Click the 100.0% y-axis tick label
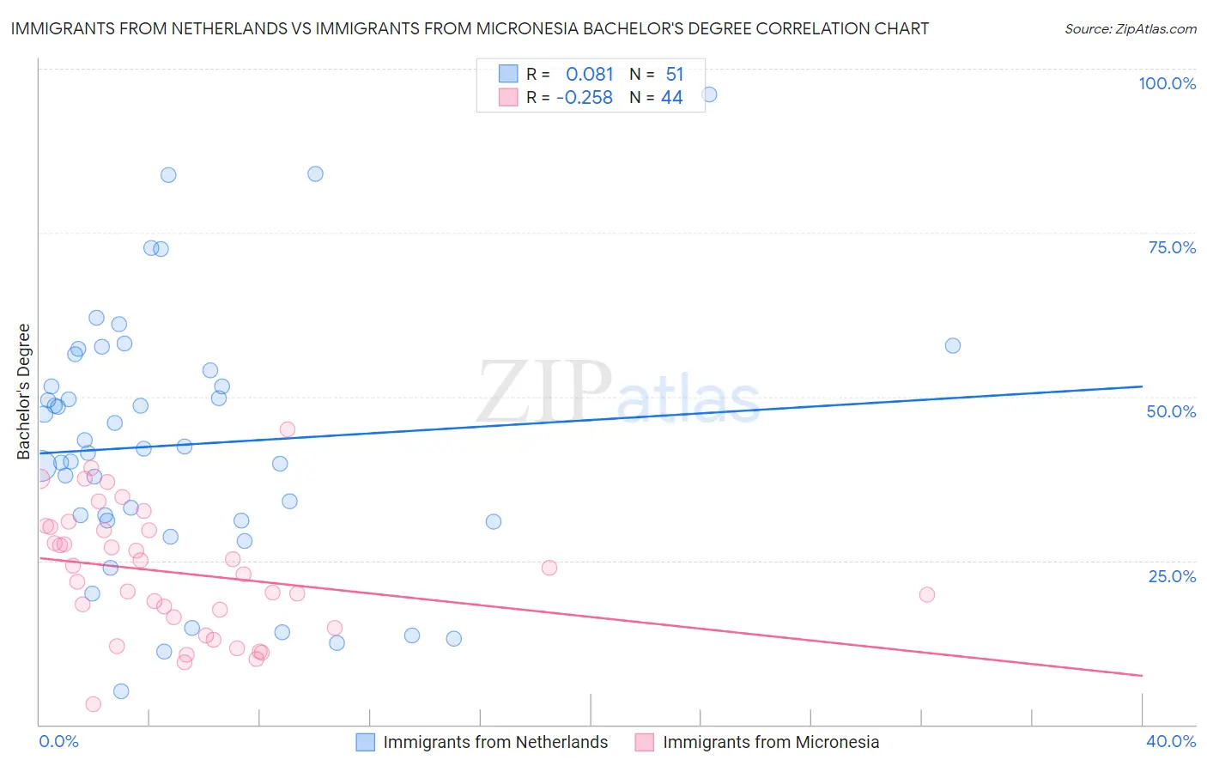(x=1167, y=83)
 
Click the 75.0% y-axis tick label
(x=1172, y=247)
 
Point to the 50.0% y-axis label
(x=1171, y=411)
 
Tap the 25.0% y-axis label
(x=1172, y=576)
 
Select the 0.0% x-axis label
(x=58, y=741)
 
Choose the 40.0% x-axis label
(x=1170, y=741)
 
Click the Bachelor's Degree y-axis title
(x=24, y=392)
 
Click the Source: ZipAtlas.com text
(x=1130, y=28)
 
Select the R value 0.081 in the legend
(x=589, y=75)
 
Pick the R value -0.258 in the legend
(x=585, y=98)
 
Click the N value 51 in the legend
(x=674, y=75)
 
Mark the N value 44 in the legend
(x=671, y=98)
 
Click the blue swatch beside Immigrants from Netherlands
(x=366, y=742)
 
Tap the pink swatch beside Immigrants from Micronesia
(x=645, y=742)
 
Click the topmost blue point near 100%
(x=709, y=94)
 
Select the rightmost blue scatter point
(x=952, y=345)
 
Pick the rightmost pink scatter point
(x=926, y=594)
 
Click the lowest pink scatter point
(x=93, y=704)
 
